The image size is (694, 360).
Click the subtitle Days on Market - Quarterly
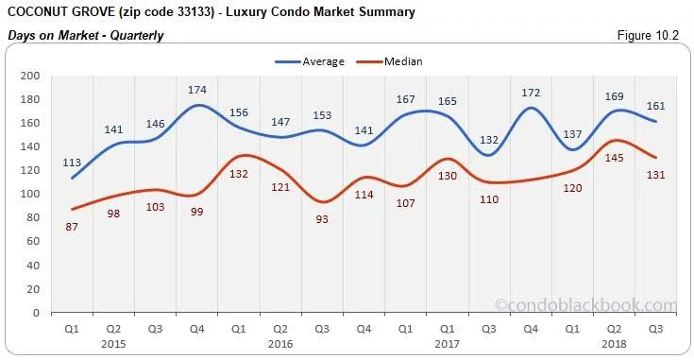(x=85, y=36)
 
